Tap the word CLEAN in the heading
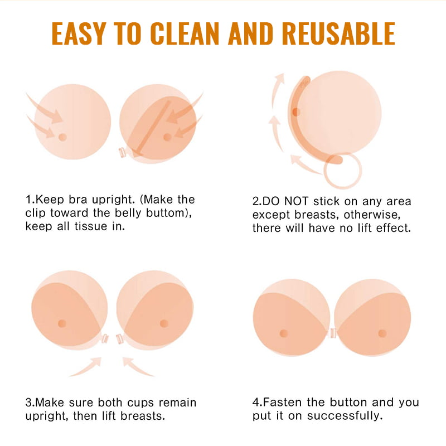pos(185,33)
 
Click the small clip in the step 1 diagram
pos(123,152)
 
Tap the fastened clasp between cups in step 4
pos(332,333)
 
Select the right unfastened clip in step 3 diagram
pos(120,339)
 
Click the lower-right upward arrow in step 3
pos(137,367)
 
